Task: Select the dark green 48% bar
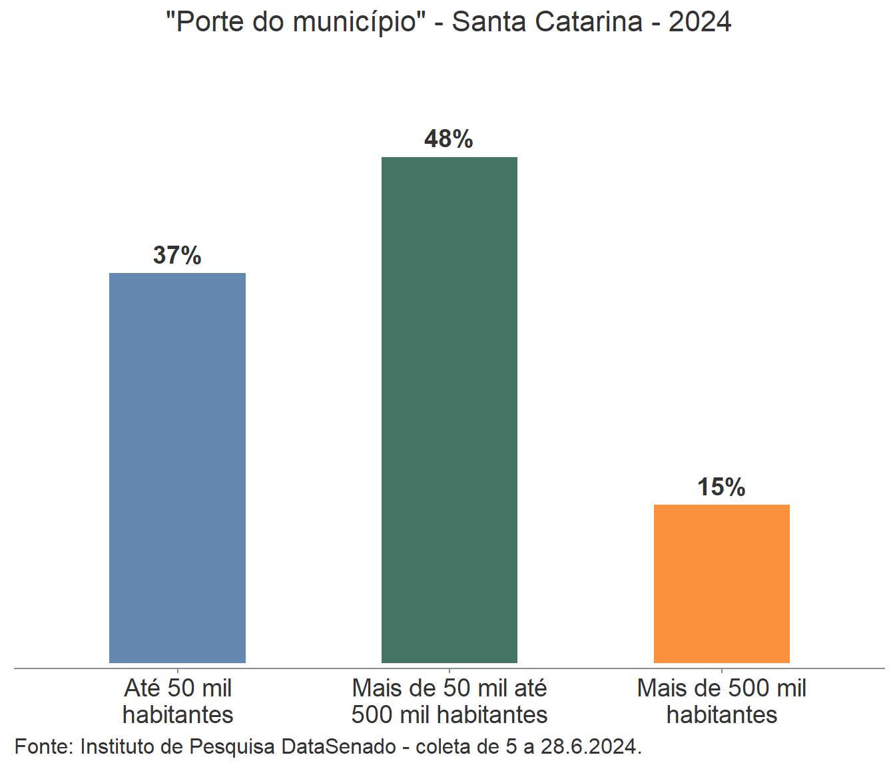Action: pos(449,409)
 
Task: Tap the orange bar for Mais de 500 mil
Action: pos(721,583)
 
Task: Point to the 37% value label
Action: pos(177,255)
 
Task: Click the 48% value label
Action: pos(449,139)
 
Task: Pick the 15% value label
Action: pos(721,487)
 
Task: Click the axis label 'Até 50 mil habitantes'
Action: pos(178,701)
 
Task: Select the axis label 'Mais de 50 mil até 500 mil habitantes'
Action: pos(449,701)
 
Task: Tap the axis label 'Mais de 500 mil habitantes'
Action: pos(722,701)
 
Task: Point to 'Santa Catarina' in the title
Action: pos(547,22)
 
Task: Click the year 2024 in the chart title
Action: pos(700,22)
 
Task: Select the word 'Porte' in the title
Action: pos(208,22)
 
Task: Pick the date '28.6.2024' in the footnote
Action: pos(589,746)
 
